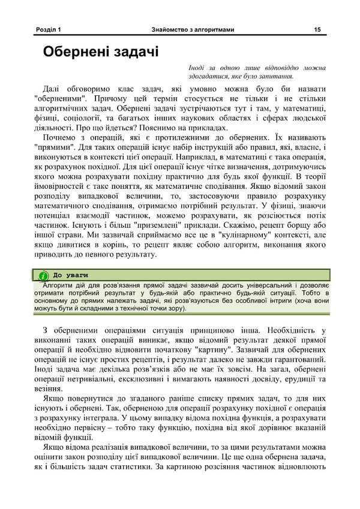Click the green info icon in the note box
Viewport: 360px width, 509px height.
(43, 275)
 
